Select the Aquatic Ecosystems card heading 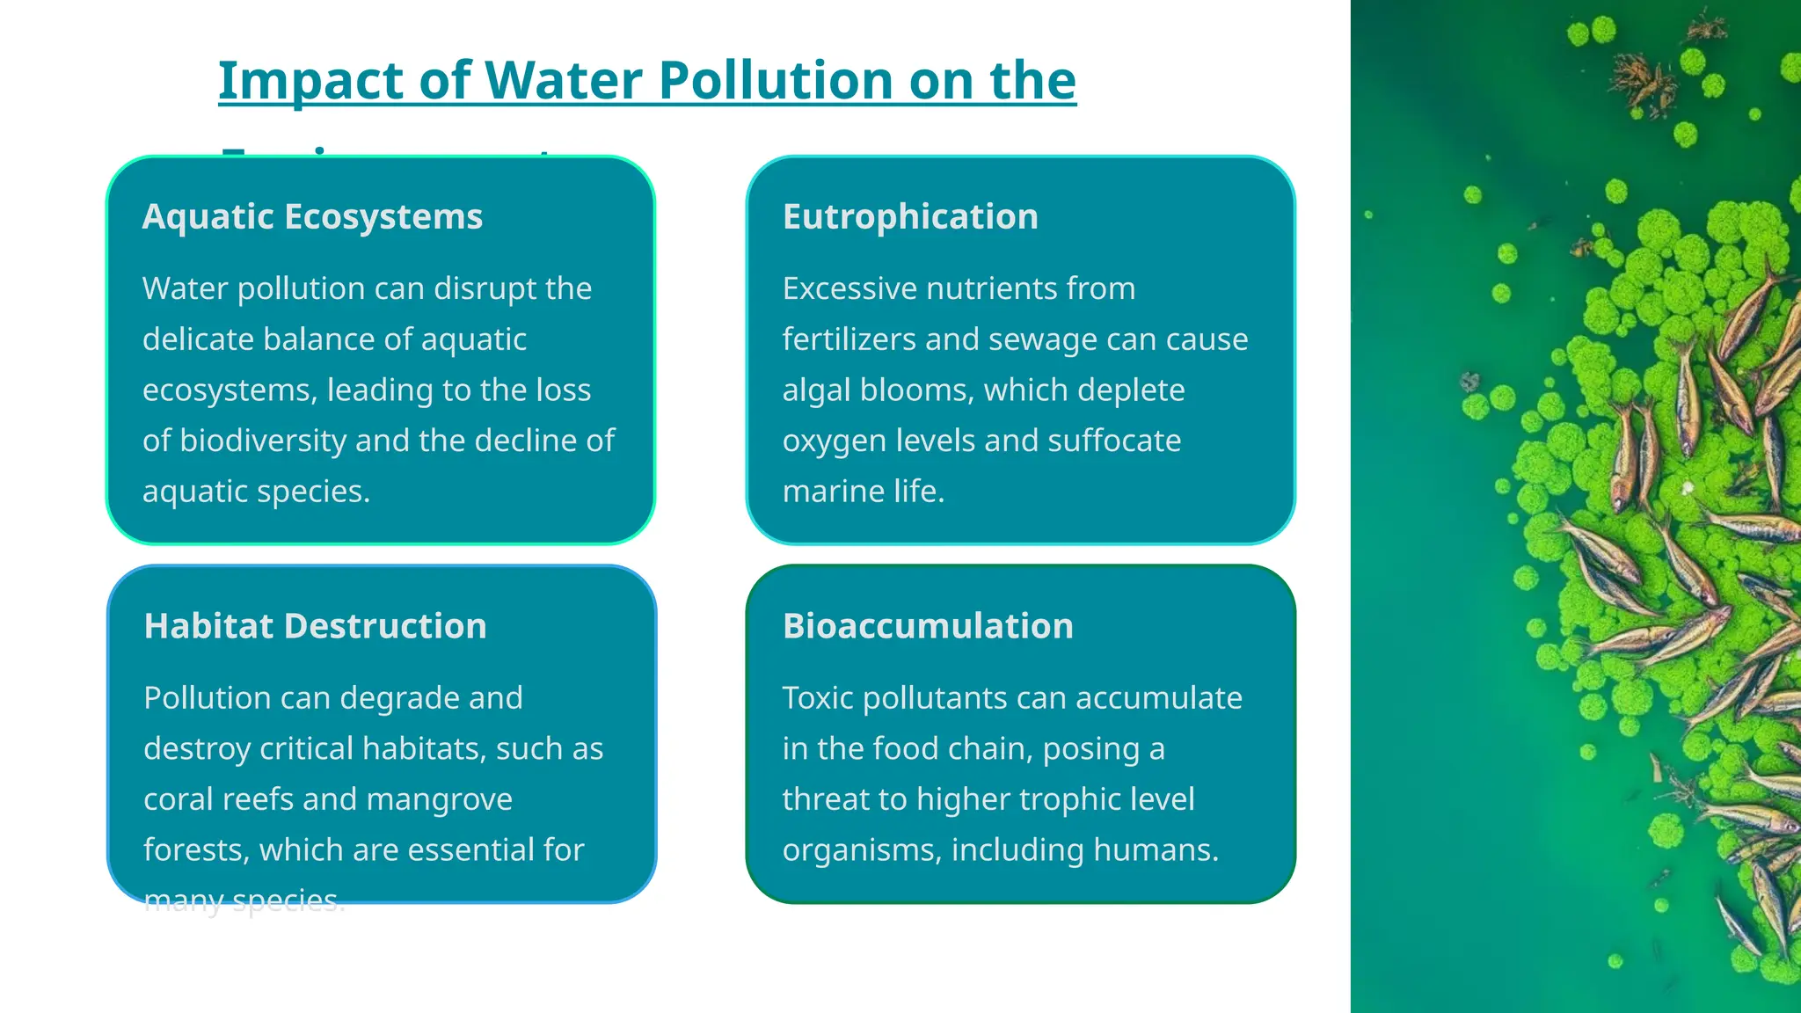coord(312,216)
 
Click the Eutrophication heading coord(910,216)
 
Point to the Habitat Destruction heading coord(315,626)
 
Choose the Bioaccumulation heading coord(928,626)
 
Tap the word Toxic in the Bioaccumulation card coord(817,698)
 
